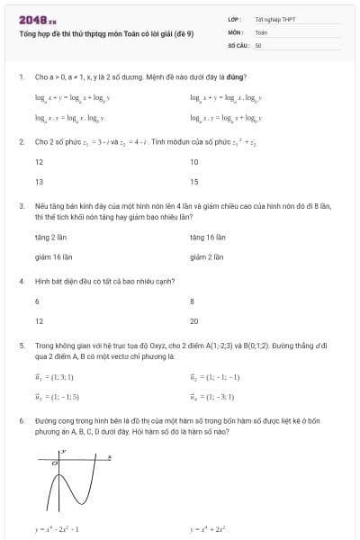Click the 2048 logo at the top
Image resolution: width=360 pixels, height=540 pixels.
(x=36, y=17)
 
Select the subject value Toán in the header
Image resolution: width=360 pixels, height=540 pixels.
(x=261, y=31)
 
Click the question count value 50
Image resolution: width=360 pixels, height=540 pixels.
(x=258, y=44)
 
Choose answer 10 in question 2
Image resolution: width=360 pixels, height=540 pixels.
(x=194, y=162)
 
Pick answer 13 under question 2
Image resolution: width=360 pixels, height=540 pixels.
(x=40, y=181)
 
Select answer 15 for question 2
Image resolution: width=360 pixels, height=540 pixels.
(x=194, y=181)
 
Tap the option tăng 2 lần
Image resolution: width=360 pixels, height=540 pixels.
(x=52, y=237)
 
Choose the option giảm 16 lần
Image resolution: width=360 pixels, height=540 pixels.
(x=53, y=256)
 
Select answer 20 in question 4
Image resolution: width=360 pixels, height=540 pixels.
(x=194, y=320)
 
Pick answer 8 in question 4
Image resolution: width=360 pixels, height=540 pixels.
(x=193, y=301)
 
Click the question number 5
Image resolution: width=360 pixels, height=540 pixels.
(x=21, y=345)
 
